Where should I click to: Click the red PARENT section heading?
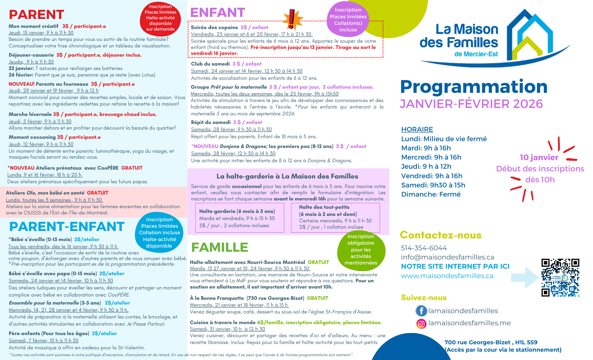click(36, 15)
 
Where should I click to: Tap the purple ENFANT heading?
click(217, 12)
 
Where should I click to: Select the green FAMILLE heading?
click(219, 247)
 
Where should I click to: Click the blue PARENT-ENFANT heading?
click(67, 227)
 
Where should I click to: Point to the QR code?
click(560, 278)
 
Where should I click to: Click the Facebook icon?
click(421, 311)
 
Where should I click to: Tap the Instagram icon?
click(421, 324)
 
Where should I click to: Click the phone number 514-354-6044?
click(424, 248)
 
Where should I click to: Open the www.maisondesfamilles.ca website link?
click(447, 276)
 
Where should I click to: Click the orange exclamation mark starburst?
click(292, 19)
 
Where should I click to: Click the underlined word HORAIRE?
click(417, 129)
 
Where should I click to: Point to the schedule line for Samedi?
click(433, 185)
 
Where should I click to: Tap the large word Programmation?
click(474, 87)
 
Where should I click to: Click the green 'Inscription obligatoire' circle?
click(361, 250)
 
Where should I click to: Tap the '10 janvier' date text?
click(539, 157)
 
